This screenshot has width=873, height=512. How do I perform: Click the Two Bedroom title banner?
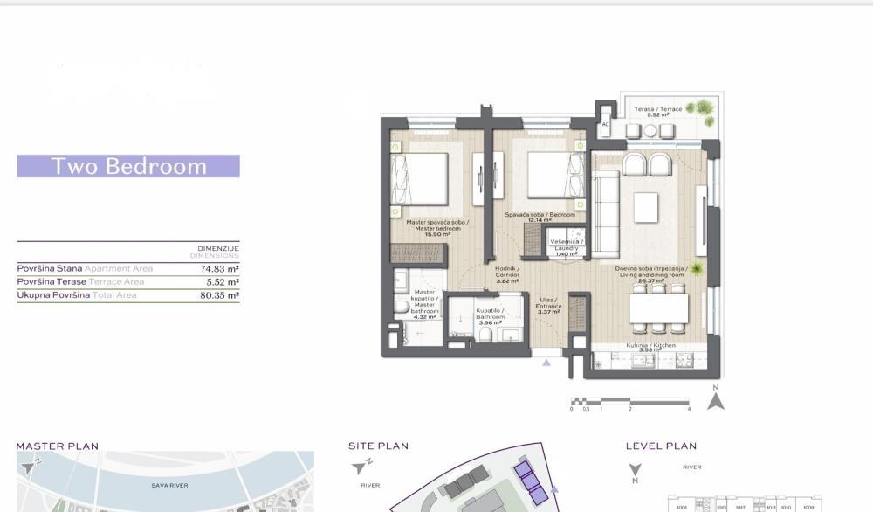click(128, 166)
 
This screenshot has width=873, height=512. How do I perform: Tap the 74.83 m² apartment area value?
click(220, 269)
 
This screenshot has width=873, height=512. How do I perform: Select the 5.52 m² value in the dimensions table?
click(222, 282)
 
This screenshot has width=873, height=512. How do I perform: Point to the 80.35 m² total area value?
click(220, 295)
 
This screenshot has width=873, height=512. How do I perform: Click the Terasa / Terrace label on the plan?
click(657, 111)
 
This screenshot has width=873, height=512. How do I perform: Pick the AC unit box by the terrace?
click(605, 124)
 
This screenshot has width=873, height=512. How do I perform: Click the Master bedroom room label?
click(437, 228)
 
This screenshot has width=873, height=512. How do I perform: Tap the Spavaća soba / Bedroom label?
click(540, 218)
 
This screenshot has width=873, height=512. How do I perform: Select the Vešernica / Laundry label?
click(567, 247)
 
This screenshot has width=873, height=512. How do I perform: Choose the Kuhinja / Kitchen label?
click(650, 348)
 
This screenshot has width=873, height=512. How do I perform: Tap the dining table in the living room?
click(658, 308)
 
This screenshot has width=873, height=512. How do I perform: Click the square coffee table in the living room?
click(646, 208)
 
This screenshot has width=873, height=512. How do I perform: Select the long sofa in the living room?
click(605, 214)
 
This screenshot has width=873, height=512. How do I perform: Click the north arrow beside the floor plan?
click(716, 399)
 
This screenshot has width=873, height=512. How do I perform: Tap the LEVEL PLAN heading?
click(661, 446)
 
